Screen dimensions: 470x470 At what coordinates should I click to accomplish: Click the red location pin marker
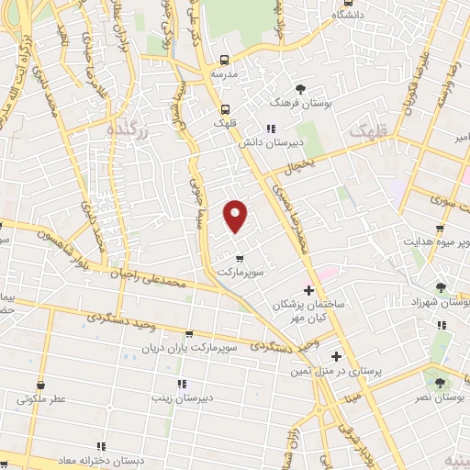(x=236, y=215)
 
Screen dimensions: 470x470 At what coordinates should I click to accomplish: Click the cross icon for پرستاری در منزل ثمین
(x=336, y=356)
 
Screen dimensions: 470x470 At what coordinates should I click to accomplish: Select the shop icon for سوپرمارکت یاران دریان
(x=189, y=335)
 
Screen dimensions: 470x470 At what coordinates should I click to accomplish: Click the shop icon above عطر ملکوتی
(x=39, y=386)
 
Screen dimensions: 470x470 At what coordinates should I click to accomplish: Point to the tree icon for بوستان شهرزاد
(x=442, y=287)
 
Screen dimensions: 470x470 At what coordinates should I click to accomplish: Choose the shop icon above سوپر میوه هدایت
(x=440, y=229)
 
